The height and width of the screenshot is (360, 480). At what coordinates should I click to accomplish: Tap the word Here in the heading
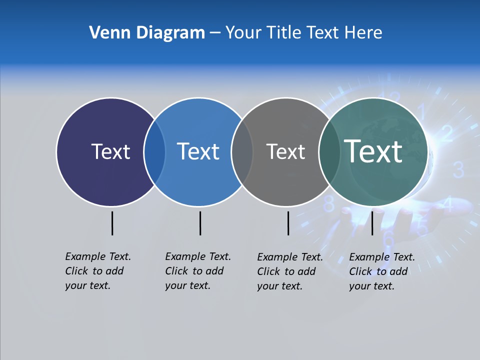363,33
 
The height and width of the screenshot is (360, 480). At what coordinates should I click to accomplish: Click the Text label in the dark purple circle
110,151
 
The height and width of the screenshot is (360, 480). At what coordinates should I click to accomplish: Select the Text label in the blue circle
198,151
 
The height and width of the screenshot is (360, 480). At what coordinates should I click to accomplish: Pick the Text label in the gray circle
285,151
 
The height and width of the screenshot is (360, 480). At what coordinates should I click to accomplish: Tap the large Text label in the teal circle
373,151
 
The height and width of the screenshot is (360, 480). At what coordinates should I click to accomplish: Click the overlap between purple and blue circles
154,151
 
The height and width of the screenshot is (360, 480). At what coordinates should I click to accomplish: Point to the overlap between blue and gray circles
242,151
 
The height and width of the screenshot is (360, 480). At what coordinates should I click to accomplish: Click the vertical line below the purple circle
112,223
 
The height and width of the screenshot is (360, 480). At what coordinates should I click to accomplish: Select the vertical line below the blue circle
200,223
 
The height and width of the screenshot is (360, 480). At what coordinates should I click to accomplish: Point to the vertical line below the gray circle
288,223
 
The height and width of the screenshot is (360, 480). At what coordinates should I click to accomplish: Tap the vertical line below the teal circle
372,223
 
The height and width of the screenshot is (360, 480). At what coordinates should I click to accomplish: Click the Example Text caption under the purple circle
97,271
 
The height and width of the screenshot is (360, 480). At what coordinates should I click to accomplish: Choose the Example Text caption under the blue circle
197,271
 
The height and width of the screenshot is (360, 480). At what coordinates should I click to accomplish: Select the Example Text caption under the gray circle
289,271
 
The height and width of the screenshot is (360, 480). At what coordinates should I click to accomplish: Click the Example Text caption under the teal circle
381,271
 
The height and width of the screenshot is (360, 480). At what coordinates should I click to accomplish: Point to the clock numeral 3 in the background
458,170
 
